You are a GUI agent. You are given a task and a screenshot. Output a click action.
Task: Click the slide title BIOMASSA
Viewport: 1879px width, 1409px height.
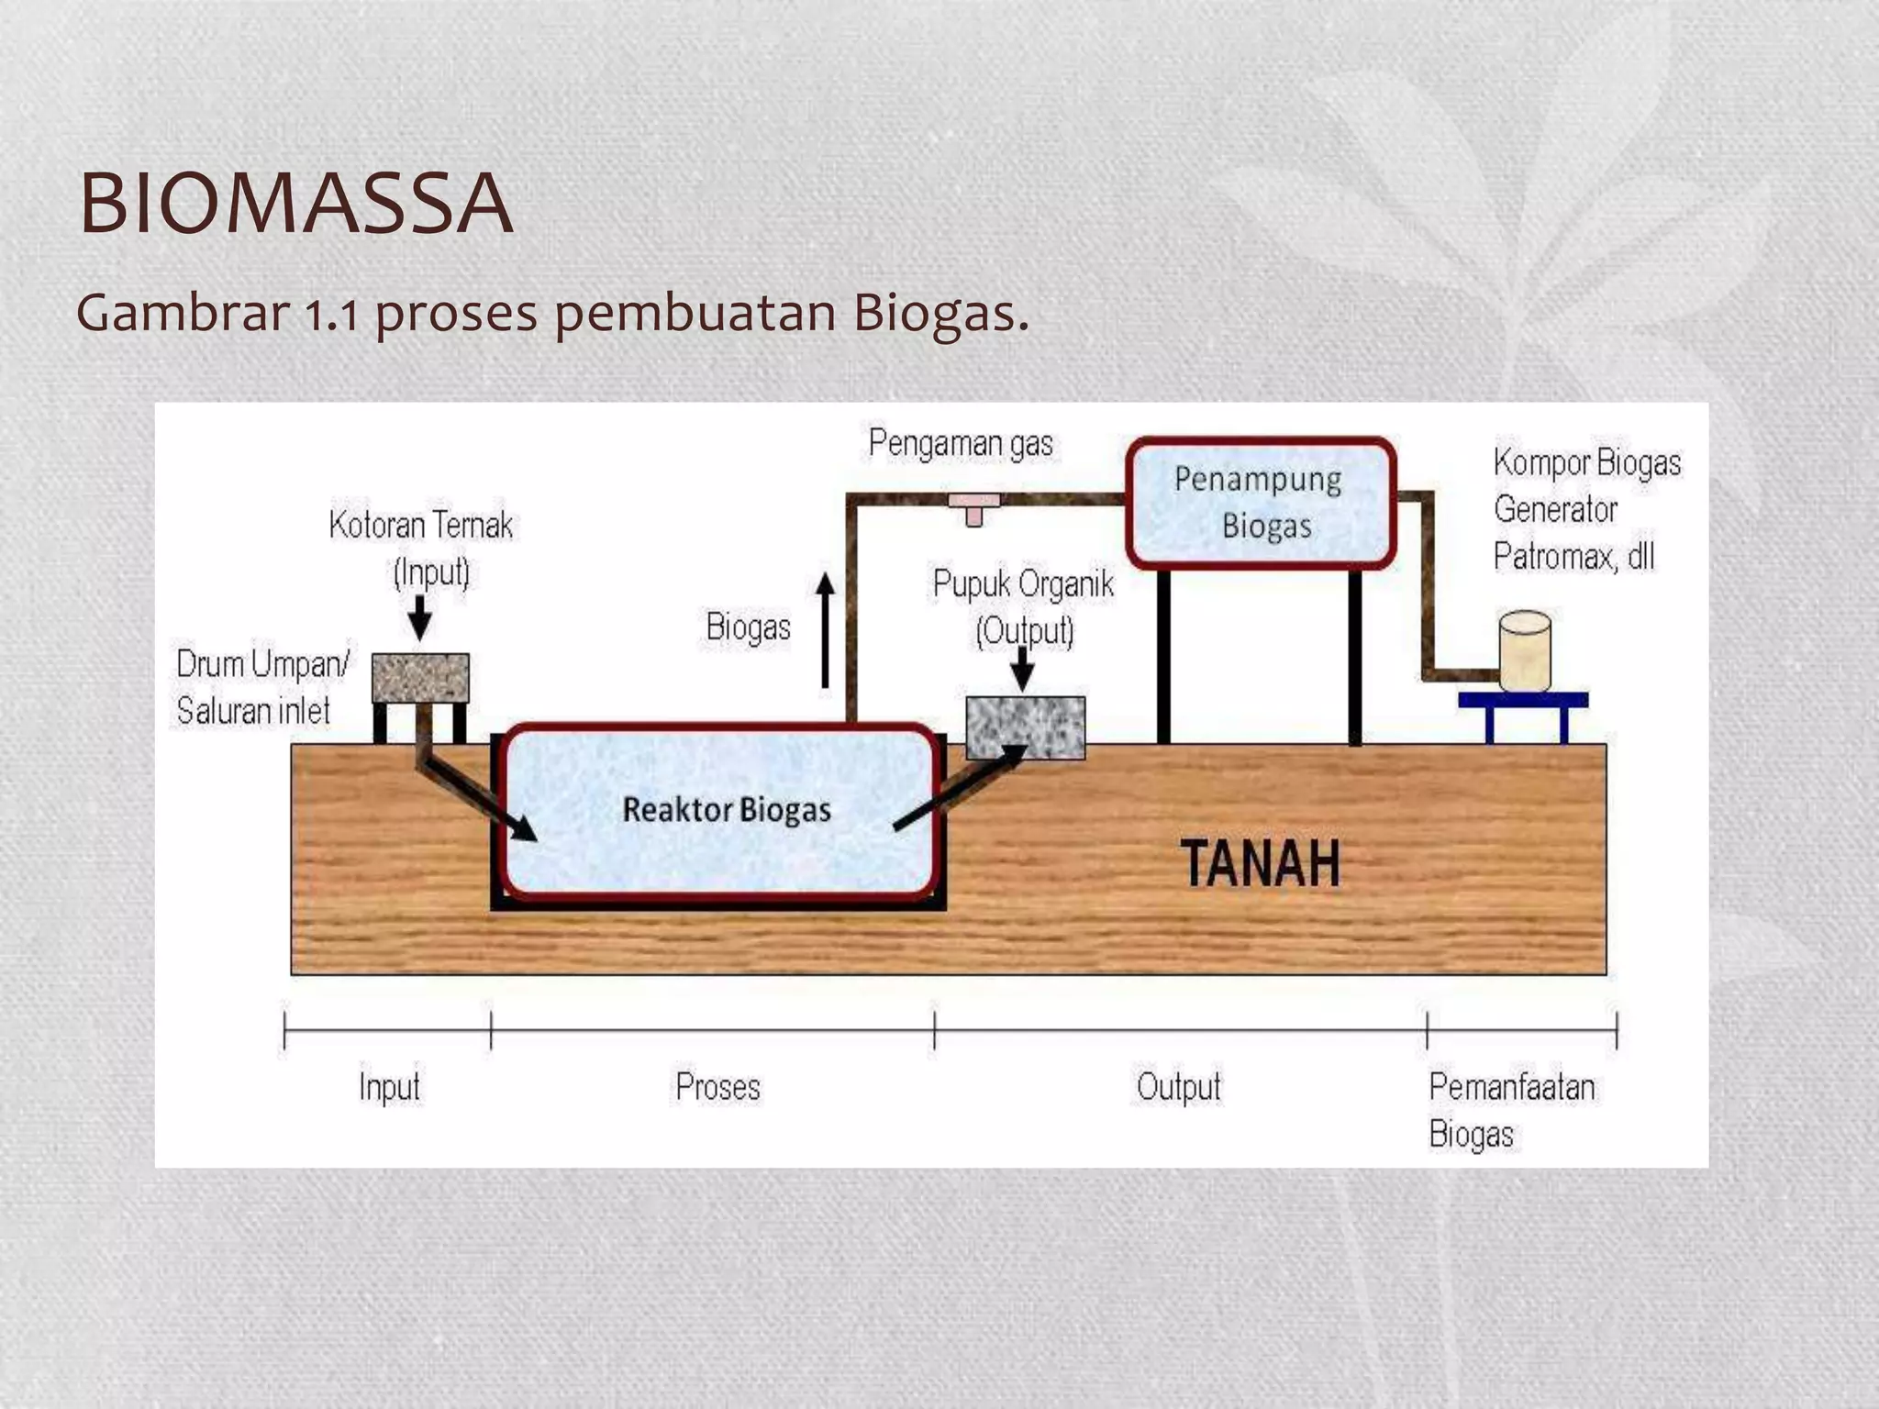click(295, 204)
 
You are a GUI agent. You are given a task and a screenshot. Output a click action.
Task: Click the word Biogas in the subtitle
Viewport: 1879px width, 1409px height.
click(939, 313)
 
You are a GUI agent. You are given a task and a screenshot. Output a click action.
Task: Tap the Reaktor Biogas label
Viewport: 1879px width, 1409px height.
click(727, 810)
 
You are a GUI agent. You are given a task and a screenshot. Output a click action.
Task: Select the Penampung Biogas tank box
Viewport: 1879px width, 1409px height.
click(1261, 504)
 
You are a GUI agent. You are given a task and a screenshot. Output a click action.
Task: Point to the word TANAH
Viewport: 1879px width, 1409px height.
click(1260, 863)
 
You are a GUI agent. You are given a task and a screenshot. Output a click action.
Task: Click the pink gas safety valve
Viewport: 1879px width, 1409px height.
click(974, 506)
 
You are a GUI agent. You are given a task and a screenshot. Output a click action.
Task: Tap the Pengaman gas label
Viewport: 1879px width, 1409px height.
click(961, 444)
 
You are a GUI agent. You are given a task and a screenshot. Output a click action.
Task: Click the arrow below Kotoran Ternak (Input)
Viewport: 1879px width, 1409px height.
click(419, 616)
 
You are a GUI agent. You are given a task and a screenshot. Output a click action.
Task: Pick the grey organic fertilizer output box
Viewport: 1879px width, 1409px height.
click(1026, 727)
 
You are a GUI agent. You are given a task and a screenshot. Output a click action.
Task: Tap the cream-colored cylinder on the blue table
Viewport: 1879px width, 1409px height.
click(1525, 651)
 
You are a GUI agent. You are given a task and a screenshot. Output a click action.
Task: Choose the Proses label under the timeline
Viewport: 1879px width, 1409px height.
click(717, 1087)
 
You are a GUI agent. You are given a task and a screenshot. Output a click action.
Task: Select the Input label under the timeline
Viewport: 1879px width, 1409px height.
click(389, 1087)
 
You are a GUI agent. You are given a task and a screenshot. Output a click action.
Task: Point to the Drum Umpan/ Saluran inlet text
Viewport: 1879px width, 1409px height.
click(262, 687)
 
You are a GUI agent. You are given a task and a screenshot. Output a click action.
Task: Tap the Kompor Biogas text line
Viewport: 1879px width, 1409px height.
click(1586, 462)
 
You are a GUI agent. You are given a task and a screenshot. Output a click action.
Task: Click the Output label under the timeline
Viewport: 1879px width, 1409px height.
click(1178, 1087)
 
